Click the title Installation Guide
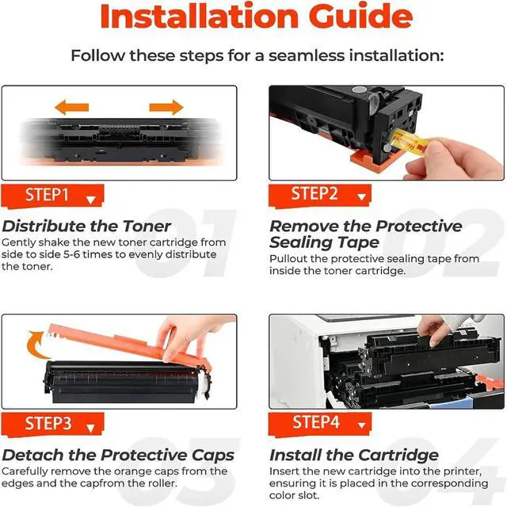253,17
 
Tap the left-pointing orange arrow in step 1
71,106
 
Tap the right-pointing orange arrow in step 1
166,106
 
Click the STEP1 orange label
55,195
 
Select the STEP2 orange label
322,194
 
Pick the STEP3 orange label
55,424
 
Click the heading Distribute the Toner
86,226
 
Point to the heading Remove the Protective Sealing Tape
365,234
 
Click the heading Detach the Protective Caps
118,455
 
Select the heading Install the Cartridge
353,455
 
